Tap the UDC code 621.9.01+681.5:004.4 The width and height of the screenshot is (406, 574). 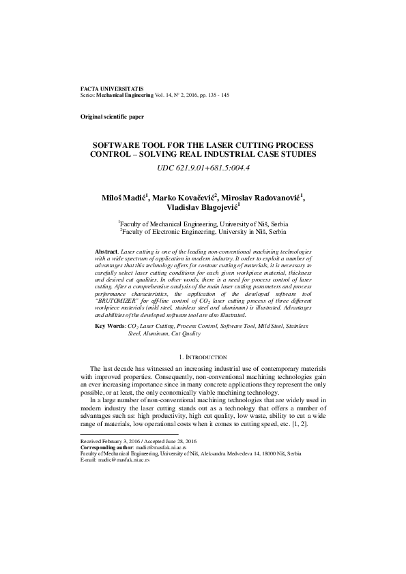tap(203, 167)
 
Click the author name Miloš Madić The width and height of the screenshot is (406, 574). tap(124, 198)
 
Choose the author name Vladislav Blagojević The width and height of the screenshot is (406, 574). tap(202, 209)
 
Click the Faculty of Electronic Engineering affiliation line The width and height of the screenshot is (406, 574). tap(203, 232)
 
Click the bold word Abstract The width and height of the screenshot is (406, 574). tap(106, 252)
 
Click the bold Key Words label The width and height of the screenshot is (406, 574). tap(110, 327)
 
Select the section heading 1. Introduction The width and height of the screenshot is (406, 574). tap(203, 357)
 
